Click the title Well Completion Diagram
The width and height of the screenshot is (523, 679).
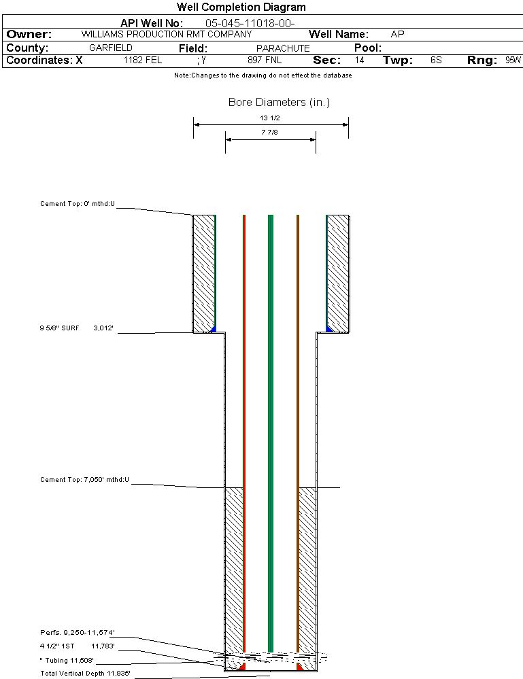tap(241, 7)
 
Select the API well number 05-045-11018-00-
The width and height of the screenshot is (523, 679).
tap(250, 24)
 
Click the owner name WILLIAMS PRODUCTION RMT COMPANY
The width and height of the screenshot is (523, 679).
tap(166, 34)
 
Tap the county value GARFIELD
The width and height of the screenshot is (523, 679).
tap(111, 48)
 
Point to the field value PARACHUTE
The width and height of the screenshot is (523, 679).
tap(283, 48)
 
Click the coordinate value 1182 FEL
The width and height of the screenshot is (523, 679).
tap(143, 60)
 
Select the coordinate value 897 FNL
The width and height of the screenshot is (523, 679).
tap(265, 60)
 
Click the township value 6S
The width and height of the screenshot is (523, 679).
tap(436, 60)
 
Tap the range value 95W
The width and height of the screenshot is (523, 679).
tap(513, 60)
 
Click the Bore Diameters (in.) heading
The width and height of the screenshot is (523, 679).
tap(279, 103)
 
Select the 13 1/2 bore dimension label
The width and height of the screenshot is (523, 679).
tap(270, 118)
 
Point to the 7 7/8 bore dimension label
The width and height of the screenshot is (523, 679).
tap(270, 133)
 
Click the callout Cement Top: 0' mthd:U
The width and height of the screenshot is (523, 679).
tap(78, 203)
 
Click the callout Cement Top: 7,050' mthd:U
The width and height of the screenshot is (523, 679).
tap(84, 480)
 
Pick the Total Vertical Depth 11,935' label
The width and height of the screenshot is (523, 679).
tap(85, 674)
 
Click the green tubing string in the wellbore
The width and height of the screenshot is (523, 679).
tap(271, 408)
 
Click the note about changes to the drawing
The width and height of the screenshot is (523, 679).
tap(263, 75)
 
